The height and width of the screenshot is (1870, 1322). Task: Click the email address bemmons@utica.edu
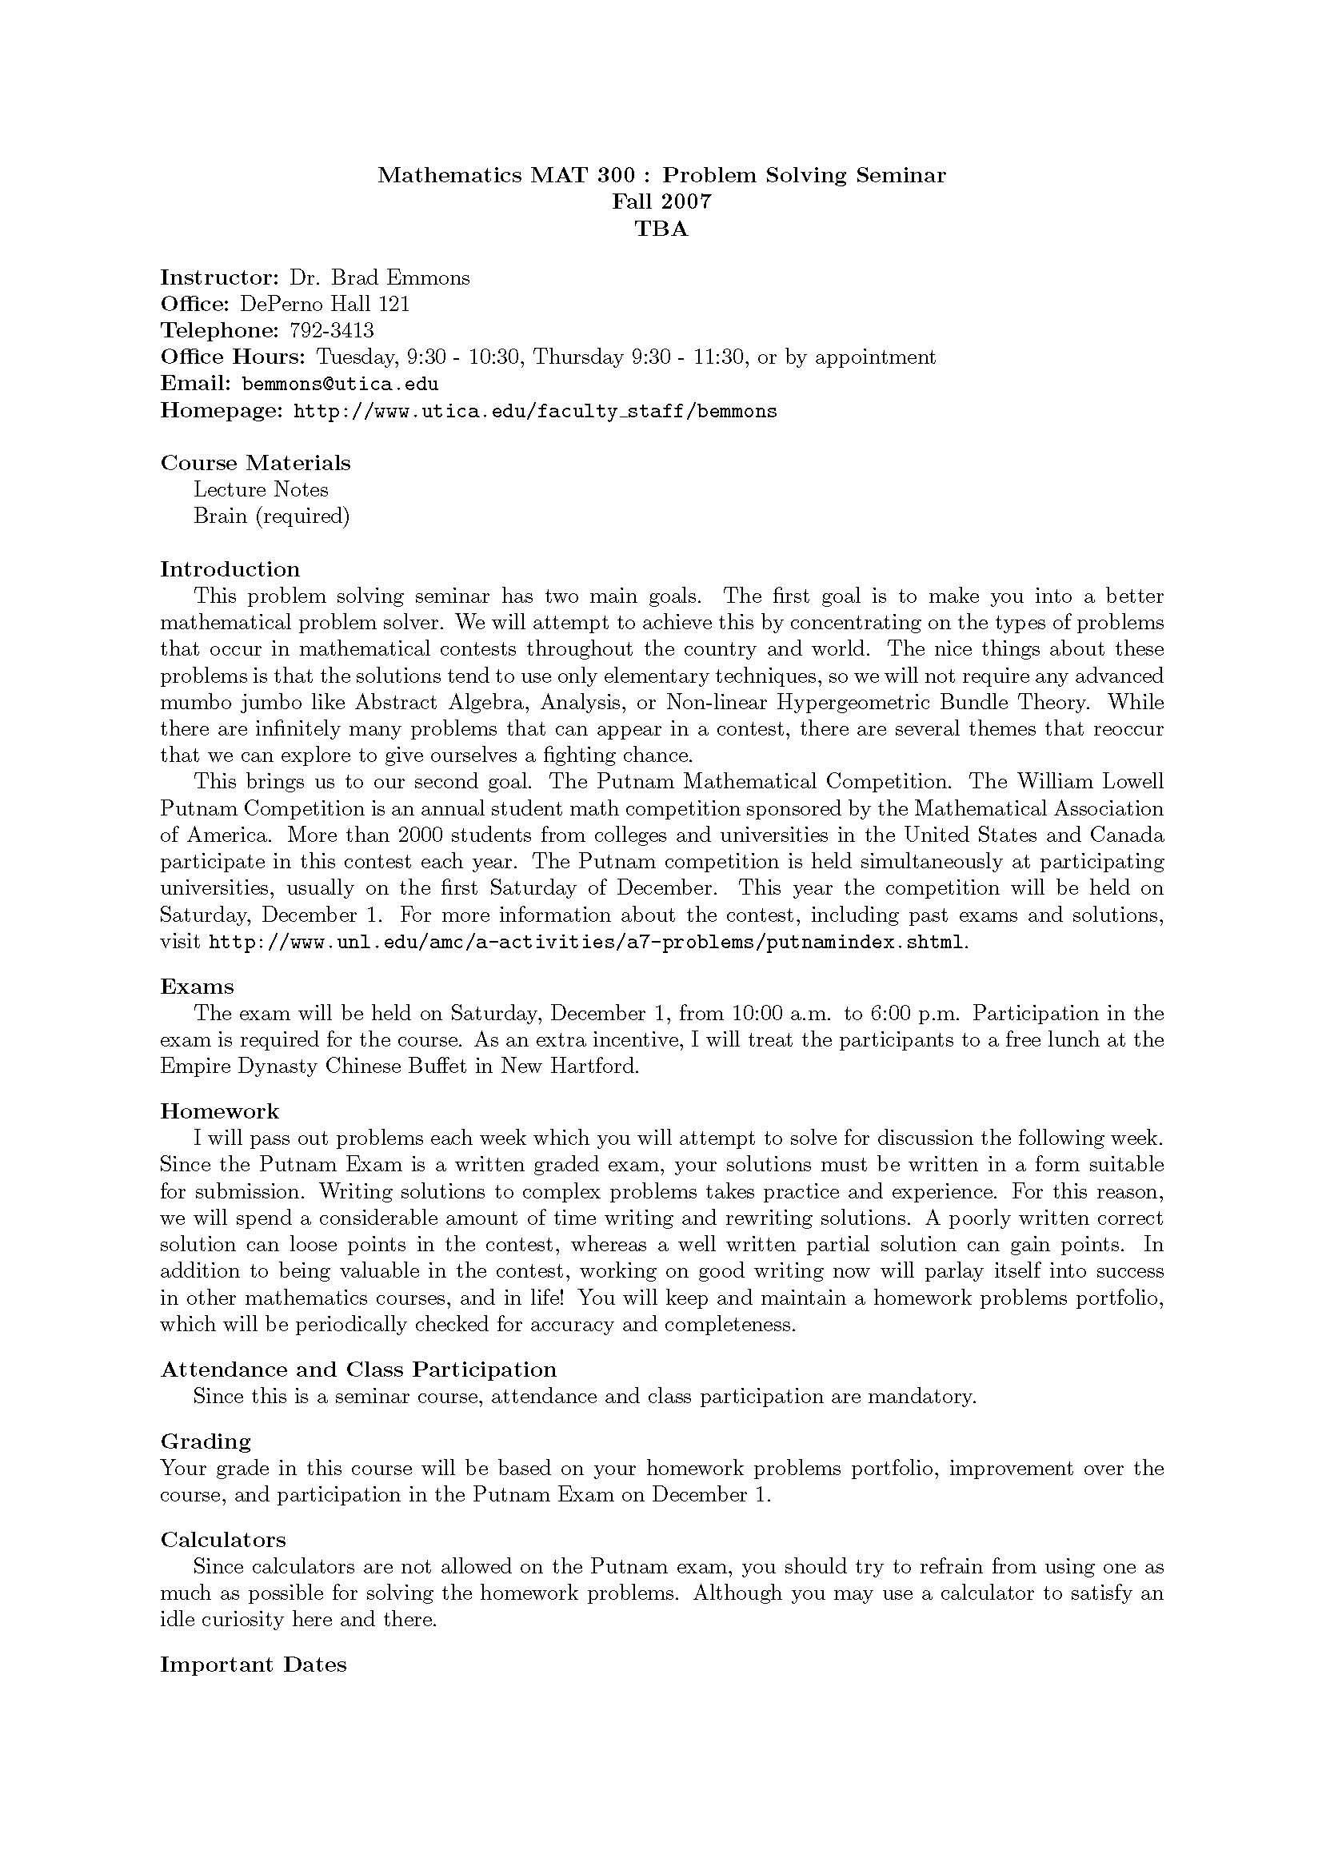click(340, 384)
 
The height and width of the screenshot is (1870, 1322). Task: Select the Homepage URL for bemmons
click(534, 410)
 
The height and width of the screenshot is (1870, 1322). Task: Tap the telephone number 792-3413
click(331, 331)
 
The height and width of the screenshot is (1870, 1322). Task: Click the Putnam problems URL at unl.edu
click(586, 943)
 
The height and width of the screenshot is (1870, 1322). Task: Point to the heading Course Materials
click(255, 463)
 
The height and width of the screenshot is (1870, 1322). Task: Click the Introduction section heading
click(230, 568)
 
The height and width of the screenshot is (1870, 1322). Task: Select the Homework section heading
click(219, 1111)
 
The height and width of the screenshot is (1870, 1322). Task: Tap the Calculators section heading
click(223, 1539)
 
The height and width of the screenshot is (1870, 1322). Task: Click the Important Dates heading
click(254, 1664)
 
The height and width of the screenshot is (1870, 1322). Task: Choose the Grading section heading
click(206, 1441)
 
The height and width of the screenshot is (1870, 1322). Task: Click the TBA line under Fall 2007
click(661, 229)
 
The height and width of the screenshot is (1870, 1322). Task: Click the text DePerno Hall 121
click(324, 304)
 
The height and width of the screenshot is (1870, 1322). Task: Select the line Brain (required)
click(271, 516)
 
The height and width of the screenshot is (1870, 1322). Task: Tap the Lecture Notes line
click(261, 489)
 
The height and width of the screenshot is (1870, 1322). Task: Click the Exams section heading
click(197, 987)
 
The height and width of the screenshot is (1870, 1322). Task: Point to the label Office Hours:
click(232, 357)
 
